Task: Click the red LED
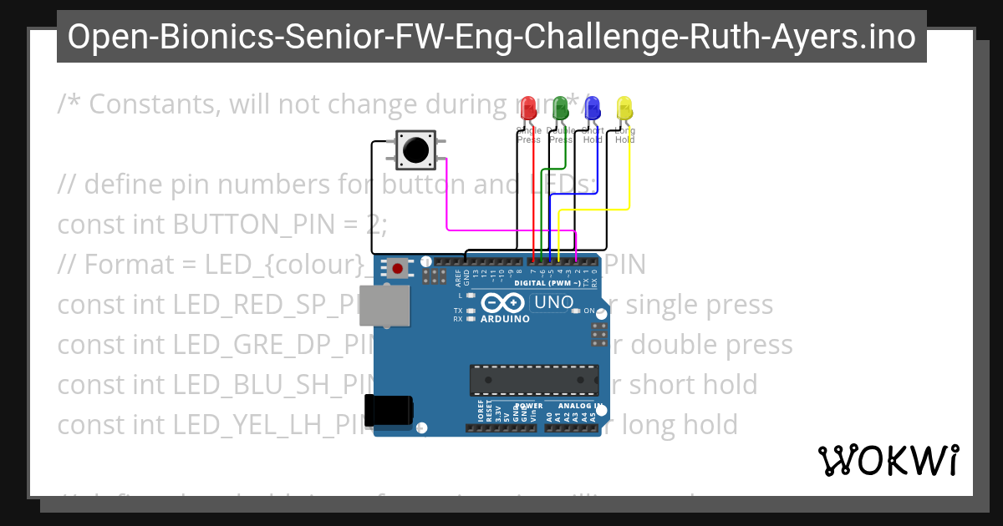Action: tap(527, 109)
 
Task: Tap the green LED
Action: tap(560, 109)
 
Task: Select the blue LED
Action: tap(592, 109)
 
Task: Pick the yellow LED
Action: tap(624, 109)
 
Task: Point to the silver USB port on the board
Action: tap(384, 306)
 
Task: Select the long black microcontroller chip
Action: tap(534, 380)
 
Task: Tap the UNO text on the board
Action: tap(552, 302)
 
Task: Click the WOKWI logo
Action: tap(888, 460)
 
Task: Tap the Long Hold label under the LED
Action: tap(624, 135)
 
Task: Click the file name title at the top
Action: tap(491, 37)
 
